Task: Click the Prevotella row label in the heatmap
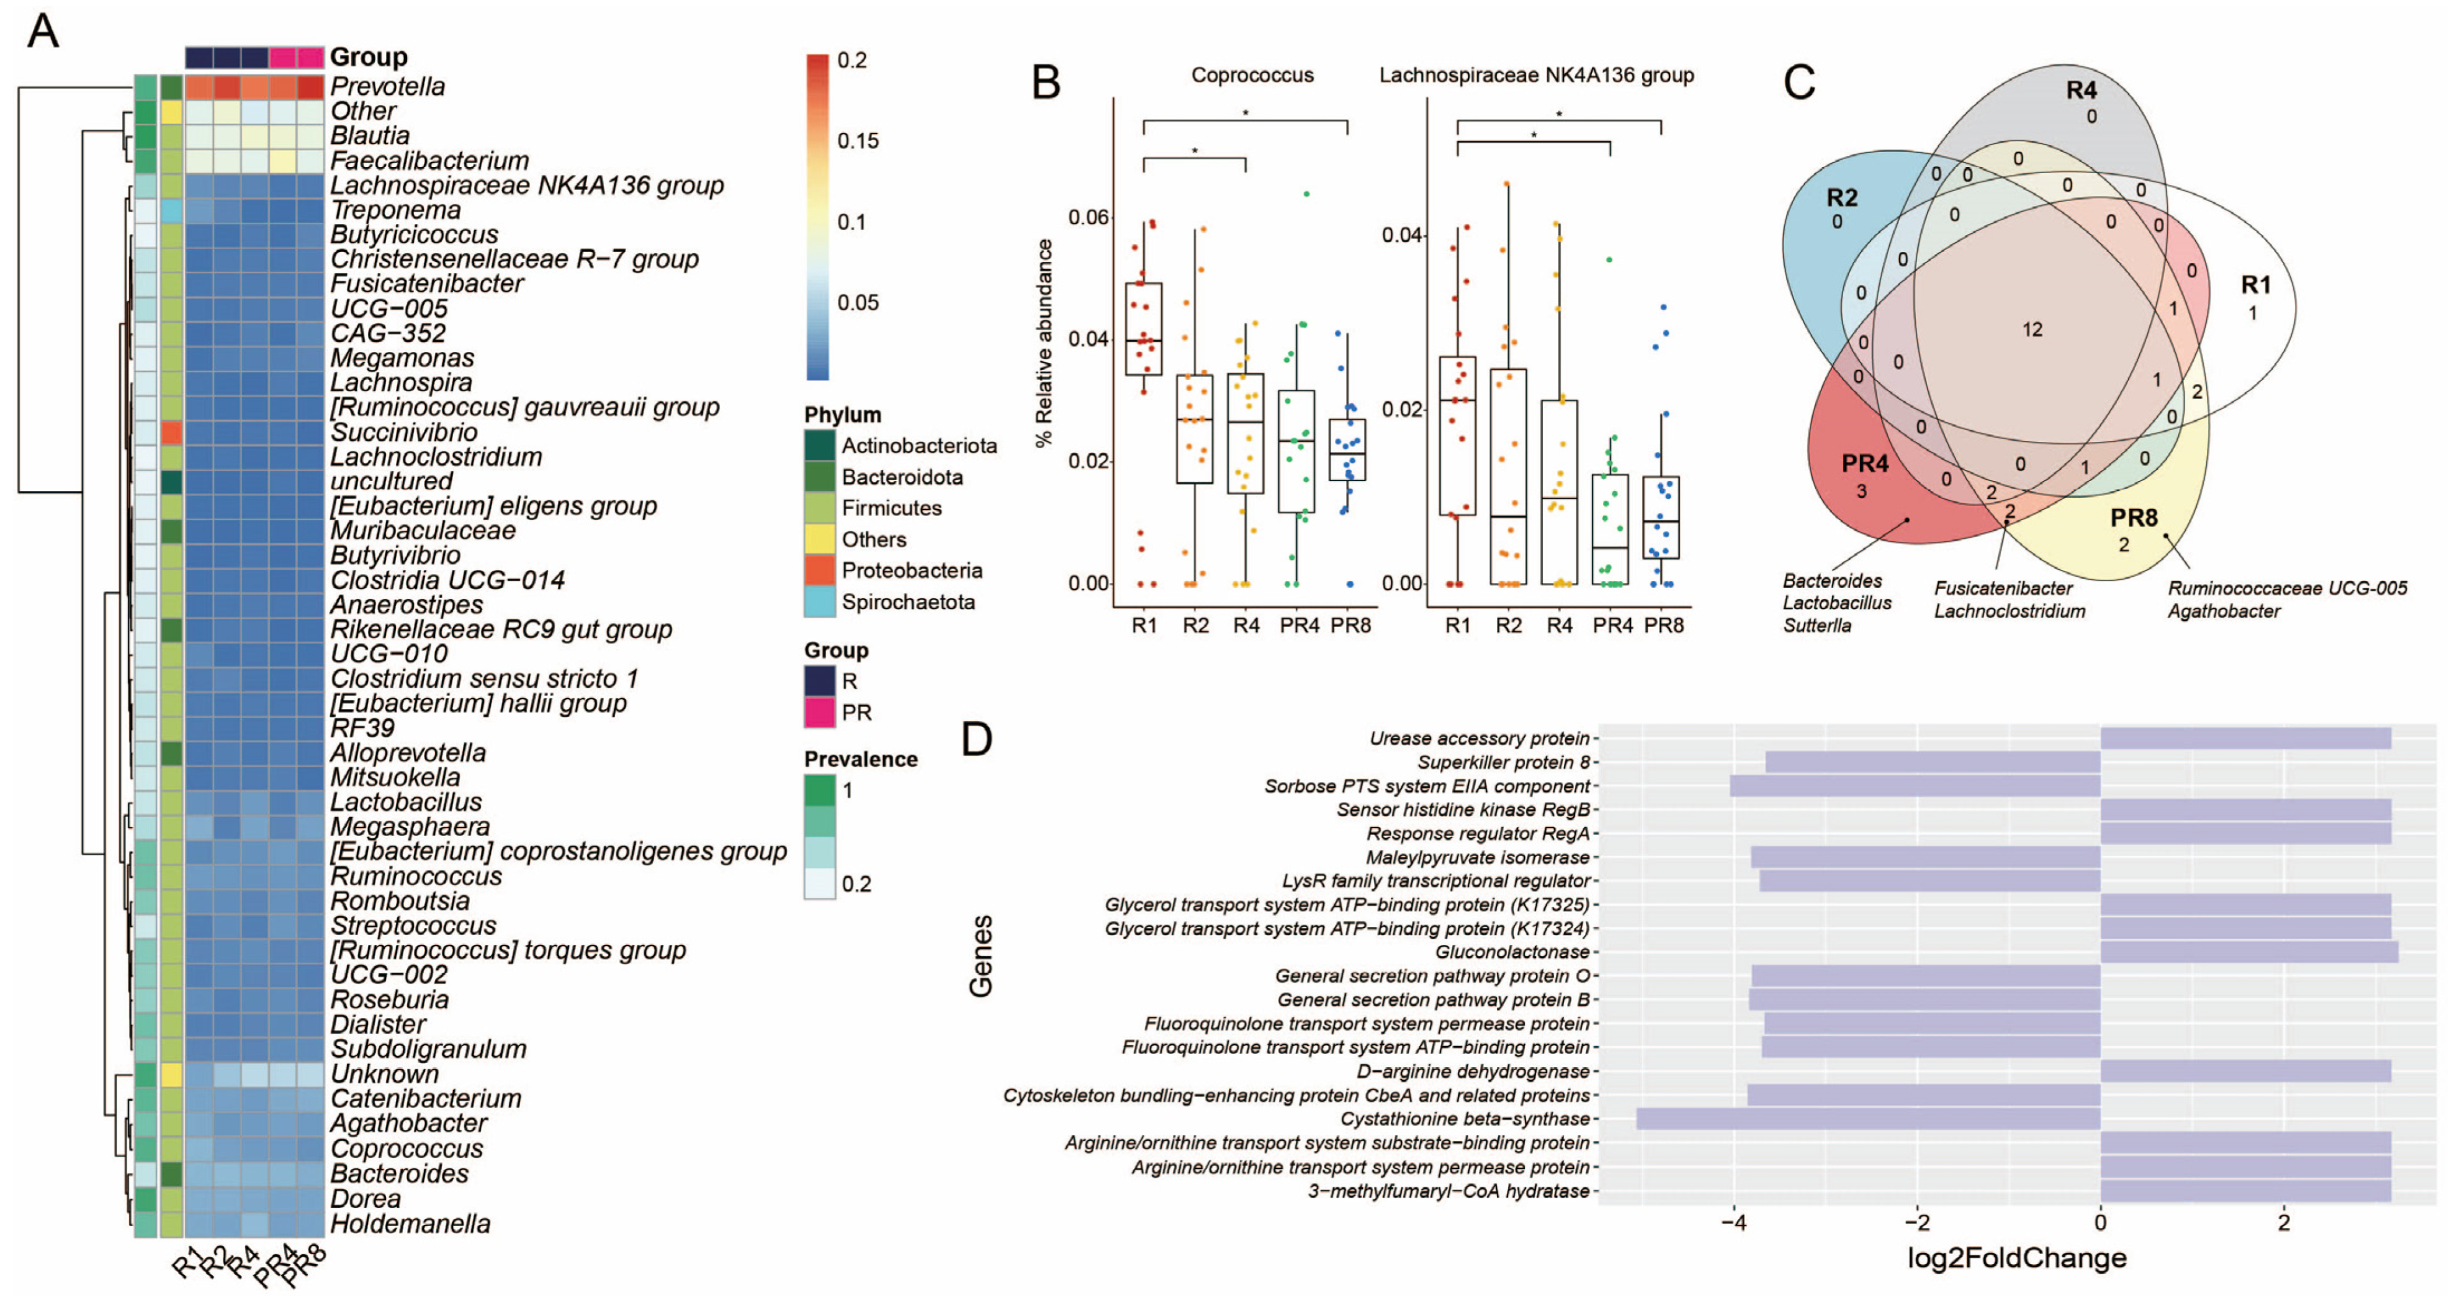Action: (x=387, y=87)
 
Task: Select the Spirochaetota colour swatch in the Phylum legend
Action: (x=820, y=602)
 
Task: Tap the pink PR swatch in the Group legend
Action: (x=820, y=712)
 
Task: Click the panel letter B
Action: (x=1046, y=83)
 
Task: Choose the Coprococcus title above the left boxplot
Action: (x=1252, y=75)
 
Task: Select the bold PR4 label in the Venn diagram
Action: (x=1864, y=464)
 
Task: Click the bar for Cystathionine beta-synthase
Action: (x=1867, y=1119)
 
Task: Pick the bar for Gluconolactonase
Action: (x=2248, y=952)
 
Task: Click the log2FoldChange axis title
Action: (x=2016, y=1258)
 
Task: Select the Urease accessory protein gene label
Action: (x=1478, y=739)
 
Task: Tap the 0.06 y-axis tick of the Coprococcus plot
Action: (x=1088, y=217)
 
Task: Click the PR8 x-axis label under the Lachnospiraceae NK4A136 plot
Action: (x=1663, y=625)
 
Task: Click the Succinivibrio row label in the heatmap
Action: (x=403, y=432)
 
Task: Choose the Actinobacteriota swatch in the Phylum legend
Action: (x=820, y=446)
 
